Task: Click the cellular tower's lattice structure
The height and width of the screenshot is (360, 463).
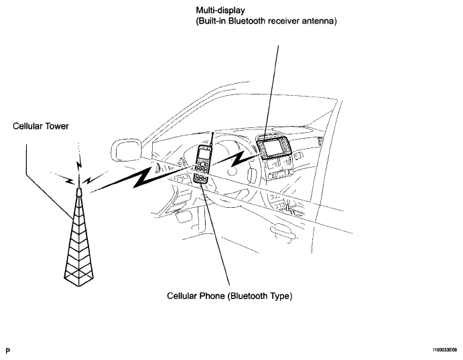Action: (x=78, y=241)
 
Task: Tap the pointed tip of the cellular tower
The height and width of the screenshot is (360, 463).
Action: (x=79, y=190)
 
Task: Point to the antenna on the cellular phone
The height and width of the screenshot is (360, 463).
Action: (x=210, y=139)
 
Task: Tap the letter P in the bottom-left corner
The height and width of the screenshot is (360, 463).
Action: (x=7, y=350)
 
